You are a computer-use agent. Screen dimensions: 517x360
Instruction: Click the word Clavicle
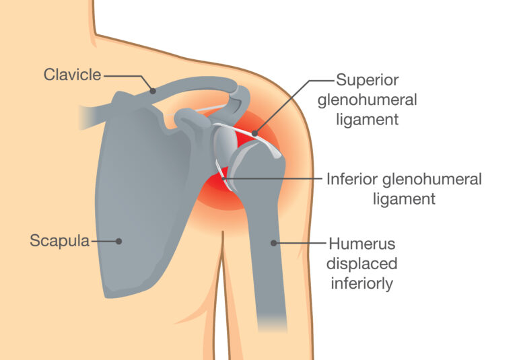[x=72, y=75]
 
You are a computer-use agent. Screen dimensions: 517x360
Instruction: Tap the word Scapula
[x=60, y=241]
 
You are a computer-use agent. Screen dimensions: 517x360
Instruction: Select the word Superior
[x=368, y=80]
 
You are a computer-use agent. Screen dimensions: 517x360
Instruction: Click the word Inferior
[x=352, y=180]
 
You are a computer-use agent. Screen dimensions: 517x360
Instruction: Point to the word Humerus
[x=361, y=244]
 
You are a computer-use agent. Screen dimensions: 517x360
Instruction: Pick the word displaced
[x=361, y=264]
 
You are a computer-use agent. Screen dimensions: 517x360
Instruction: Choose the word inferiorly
[x=362, y=283]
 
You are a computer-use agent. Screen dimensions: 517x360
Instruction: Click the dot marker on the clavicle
[x=153, y=91]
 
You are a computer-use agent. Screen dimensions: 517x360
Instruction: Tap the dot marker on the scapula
[x=118, y=242]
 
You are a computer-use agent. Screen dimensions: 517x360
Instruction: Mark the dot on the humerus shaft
[x=273, y=244]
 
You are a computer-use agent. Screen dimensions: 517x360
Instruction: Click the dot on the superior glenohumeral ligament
[x=254, y=133]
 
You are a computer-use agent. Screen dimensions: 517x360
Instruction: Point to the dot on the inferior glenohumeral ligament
[x=224, y=179]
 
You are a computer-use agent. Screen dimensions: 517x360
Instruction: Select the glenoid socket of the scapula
[x=226, y=143]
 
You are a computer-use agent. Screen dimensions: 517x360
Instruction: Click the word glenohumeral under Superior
[x=368, y=100]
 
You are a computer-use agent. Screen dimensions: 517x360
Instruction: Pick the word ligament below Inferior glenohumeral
[x=404, y=199]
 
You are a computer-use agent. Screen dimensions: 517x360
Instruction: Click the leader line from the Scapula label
[x=104, y=242]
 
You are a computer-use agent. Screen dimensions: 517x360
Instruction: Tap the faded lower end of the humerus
[x=272, y=322]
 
